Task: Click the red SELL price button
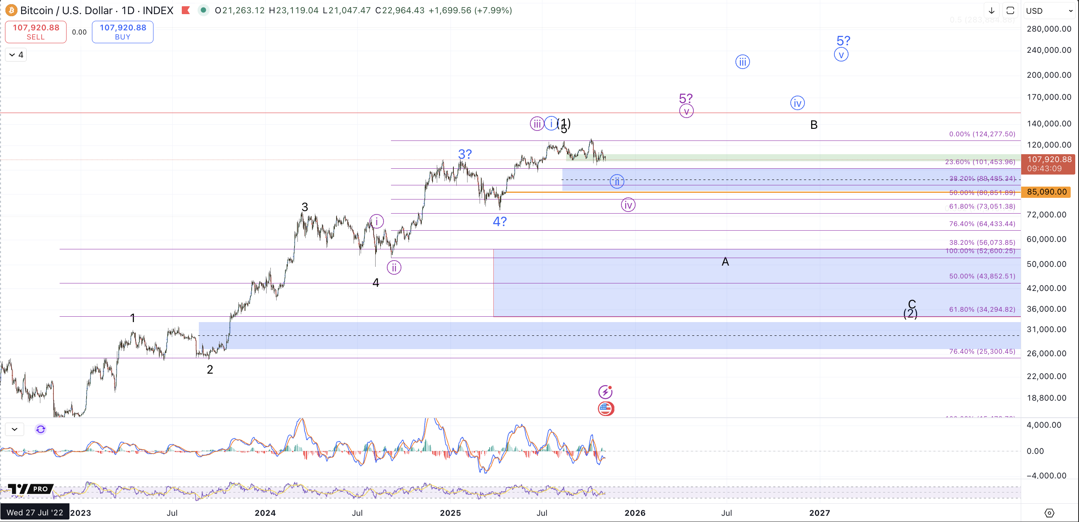coord(36,32)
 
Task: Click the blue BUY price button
coord(122,32)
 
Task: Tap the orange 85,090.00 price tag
coord(1046,192)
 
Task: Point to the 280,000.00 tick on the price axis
coord(1048,29)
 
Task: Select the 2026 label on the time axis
coord(635,513)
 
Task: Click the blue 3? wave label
coord(465,154)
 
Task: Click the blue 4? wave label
coord(499,222)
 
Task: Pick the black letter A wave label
coord(725,262)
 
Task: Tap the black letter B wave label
coord(814,125)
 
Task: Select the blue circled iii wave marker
coord(742,62)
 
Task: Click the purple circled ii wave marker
coord(394,267)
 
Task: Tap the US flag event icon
coord(606,409)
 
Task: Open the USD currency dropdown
coord(1048,11)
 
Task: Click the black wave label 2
coord(210,369)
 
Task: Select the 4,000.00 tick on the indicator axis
coord(1044,425)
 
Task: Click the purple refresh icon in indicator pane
coord(41,429)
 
